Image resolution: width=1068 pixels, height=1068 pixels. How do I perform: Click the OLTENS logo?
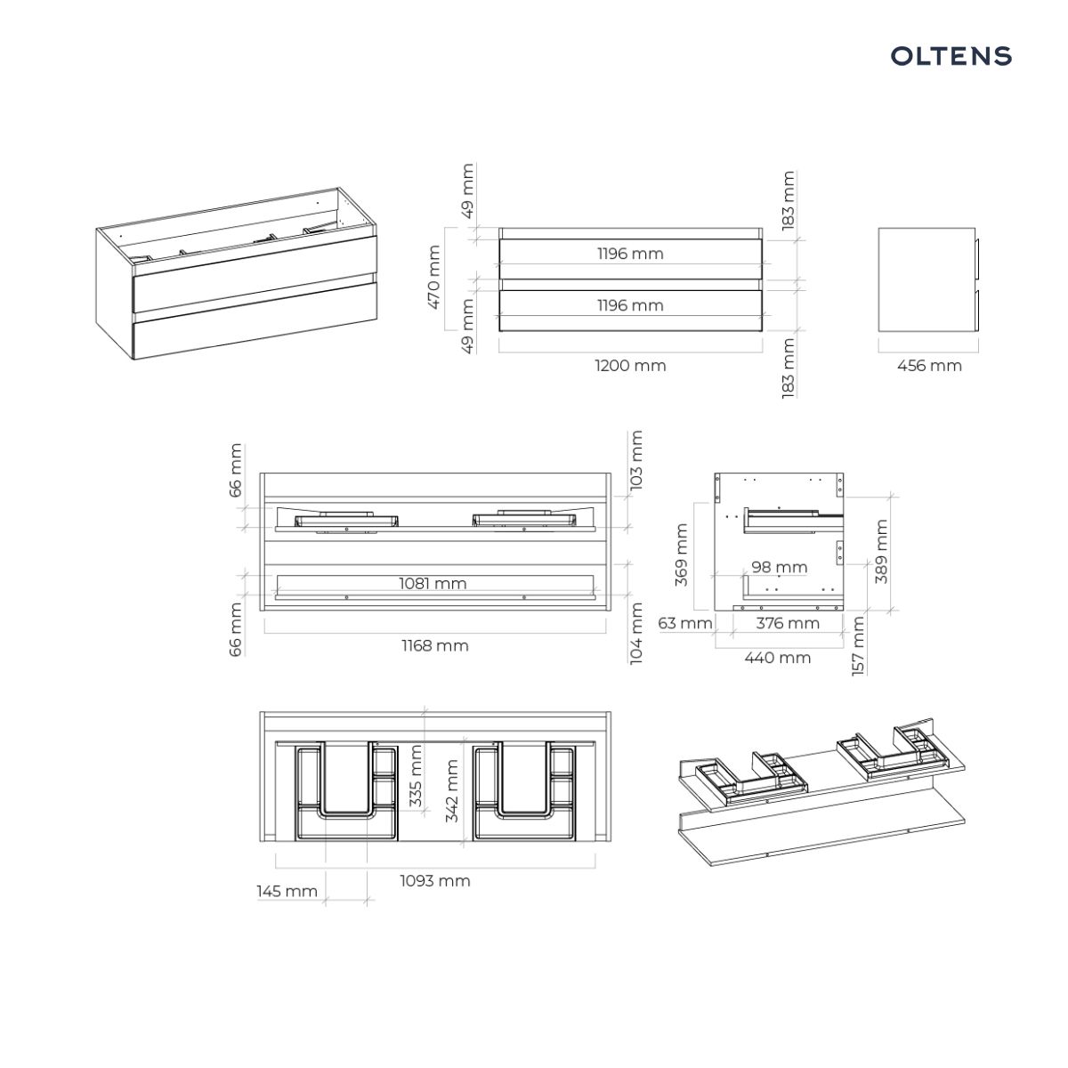pyautogui.click(x=951, y=56)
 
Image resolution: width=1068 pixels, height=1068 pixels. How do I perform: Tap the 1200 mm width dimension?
pyautogui.click(x=630, y=366)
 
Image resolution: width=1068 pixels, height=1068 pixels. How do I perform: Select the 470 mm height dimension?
pyautogui.click(x=434, y=277)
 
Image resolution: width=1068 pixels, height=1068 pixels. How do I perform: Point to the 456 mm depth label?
pyautogui.click(x=929, y=366)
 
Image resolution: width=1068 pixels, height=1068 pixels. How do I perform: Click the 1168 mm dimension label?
pyautogui.click(x=435, y=645)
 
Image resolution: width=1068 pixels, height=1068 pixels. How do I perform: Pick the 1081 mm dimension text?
pyautogui.click(x=433, y=584)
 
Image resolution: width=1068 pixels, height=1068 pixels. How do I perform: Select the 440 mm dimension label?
pyautogui.click(x=778, y=658)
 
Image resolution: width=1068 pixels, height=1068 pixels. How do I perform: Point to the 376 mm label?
pyautogui.click(x=788, y=624)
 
